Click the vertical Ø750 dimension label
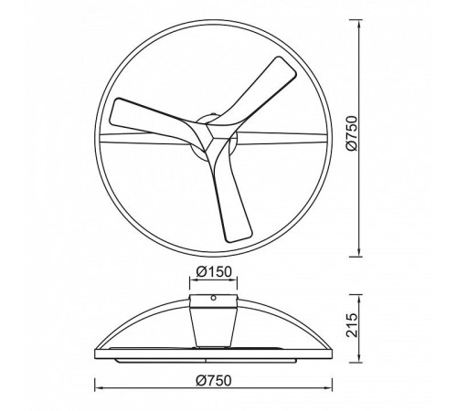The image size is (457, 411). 351,133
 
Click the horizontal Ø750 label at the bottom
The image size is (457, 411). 214,381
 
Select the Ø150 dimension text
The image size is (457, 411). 214,271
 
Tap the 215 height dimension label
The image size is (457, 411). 352,325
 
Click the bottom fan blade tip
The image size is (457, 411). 239,236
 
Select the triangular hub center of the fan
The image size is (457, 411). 211,135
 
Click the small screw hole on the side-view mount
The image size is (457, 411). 214,298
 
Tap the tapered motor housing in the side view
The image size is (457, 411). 213,327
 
